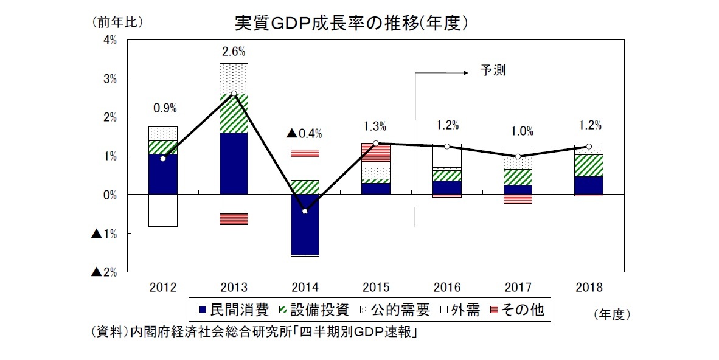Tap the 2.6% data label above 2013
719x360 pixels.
click(x=234, y=52)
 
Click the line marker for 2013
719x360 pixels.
click(x=234, y=94)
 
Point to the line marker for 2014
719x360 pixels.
click(x=304, y=211)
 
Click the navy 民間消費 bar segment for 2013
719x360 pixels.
click(x=234, y=163)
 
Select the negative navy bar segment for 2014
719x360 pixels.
click(x=304, y=231)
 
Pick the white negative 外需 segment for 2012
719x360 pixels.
click(x=162, y=210)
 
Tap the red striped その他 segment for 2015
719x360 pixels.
click(x=375, y=152)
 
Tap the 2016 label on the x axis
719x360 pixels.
click(x=447, y=287)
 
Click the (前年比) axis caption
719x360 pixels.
click(x=117, y=22)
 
